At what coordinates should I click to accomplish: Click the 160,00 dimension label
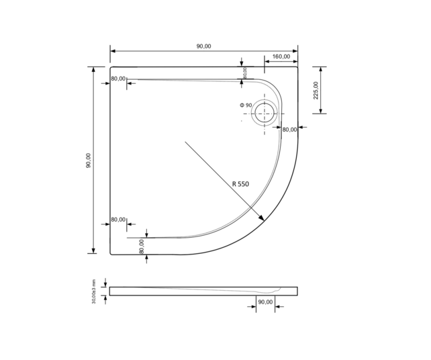click(x=281, y=56)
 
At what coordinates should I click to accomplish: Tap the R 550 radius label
click(x=240, y=183)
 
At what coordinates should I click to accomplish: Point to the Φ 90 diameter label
click(x=246, y=105)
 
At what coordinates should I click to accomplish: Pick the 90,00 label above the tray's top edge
click(x=203, y=46)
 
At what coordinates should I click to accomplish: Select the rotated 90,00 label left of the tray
click(x=89, y=161)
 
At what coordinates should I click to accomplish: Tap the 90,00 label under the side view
click(x=265, y=302)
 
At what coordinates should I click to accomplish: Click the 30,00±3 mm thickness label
click(x=94, y=291)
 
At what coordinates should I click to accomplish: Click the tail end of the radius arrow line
click(x=185, y=142)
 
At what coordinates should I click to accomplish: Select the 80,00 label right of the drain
click(x=289, y=130)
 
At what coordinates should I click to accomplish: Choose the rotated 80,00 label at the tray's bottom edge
click(x=142, y=246)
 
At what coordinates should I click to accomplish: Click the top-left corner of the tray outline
click(x=111, y=66)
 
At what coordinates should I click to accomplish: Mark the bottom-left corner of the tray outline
click(x=111, y=254)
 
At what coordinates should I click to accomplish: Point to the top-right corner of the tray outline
click(x=297, y=66)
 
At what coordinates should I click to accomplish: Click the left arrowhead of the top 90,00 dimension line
click(x=112, y=51)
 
